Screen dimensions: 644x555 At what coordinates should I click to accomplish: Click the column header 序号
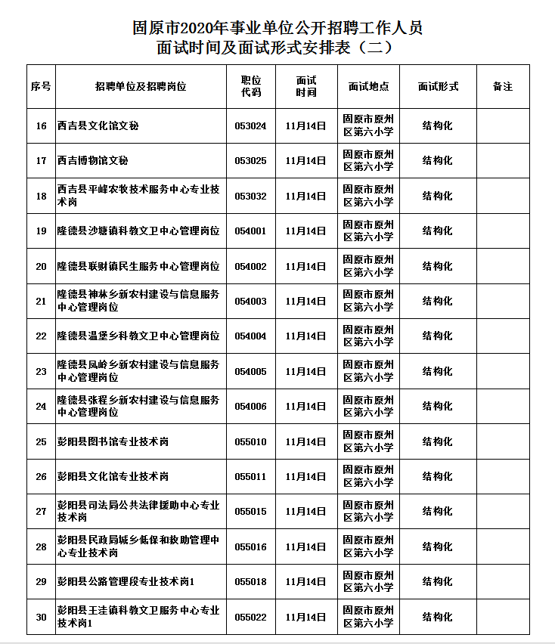pyautogui.click(x=41, y=87)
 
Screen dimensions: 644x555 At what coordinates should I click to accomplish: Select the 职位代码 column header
pyautogui.click(x=250, y=87)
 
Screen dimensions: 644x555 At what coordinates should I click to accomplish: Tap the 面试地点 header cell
pyautogui.click(x=368, y=87)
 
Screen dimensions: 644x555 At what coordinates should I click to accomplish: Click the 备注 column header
pyautogui.click(x=502, y=87)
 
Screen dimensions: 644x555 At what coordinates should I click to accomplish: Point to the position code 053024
pyautogui.click(x=250, y=126)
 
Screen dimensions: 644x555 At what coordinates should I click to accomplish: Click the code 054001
pyautogui.click(x=250, y=231)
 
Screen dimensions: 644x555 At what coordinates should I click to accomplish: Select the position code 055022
pyautogui.click(x=250, y=617)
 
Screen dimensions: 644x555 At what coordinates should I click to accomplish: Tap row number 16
pyautogui.click(x=41, y=126)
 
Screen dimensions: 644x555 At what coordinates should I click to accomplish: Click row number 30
pyautogui.click(x=41, y=617)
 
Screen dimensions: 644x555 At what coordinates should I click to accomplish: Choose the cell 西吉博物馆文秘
pyautogui.click(x=93, y=161)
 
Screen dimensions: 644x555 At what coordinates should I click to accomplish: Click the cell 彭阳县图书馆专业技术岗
pyautogui.click(x=113, y=441)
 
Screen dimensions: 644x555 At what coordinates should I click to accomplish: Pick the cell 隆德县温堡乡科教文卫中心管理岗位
pyautogui.click(x=138, y=336)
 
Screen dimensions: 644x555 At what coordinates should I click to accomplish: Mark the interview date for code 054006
pyautogui.click(x=305, y=407)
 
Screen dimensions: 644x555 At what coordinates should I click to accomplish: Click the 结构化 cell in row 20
pyautogui.click(x=437, y=266)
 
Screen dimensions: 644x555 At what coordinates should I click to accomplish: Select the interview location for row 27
pyautogui.click(x=368, y=512)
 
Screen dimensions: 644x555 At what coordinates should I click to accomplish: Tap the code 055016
pyautogui.click(x=250, y=546)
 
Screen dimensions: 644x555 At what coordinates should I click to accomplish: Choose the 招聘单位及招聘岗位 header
pyautogui.click(x=141, y=87)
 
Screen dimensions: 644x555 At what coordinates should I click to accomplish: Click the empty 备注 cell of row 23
pyautogui.click(x=502, y=371)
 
